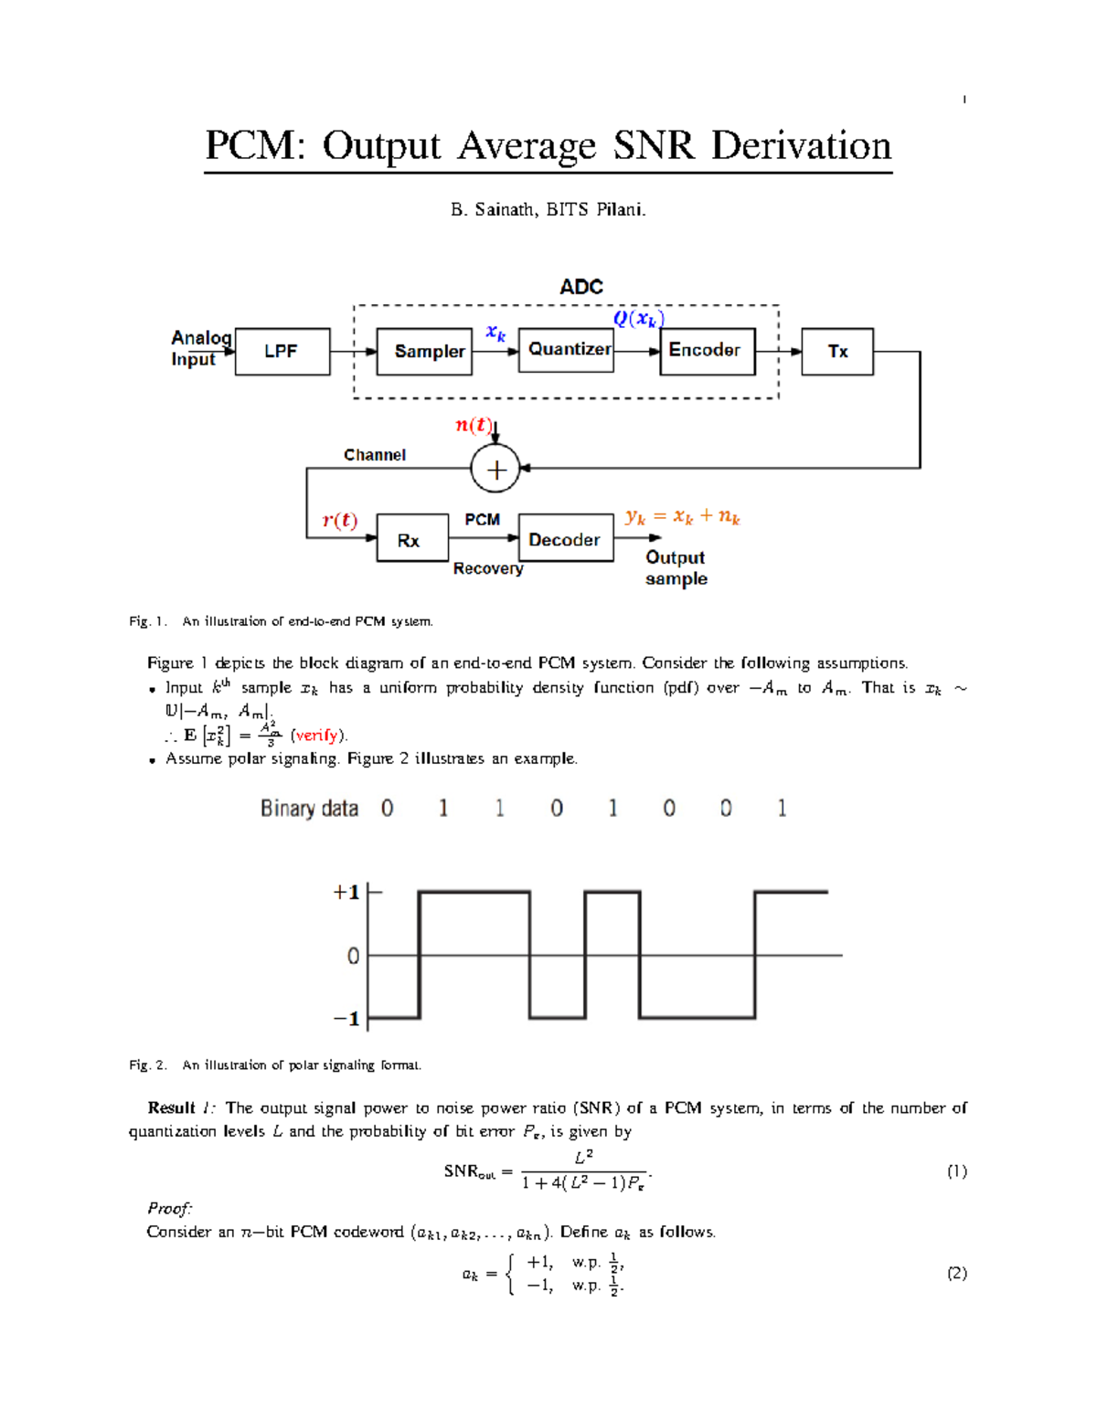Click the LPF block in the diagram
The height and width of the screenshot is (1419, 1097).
pyautogui.click(x=282, y=352)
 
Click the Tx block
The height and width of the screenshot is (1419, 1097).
pyautogui.click(x=837, y=352)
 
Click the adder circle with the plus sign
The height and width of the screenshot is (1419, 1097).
pyautogui.click(x=495, y=470)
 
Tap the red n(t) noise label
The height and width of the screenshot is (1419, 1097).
pyautogui.click(x=474, y=425)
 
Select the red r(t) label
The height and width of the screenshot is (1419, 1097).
pyautogui.click(x=339, y=520)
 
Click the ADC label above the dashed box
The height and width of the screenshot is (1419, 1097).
pyautogui.click(x=581, y=287)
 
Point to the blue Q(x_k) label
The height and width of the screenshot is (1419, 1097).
pyautogui.click(x=638, y=318)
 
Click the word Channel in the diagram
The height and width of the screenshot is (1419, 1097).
pyautogui.click(x=375, y=455)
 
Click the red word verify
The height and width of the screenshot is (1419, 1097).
pyautogui.click(x=316, y=736)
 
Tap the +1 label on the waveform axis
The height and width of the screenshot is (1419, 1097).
pyautogui.click(x=346, y=892)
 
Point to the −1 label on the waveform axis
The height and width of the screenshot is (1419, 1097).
pyautogui.click(x=346, y=1018)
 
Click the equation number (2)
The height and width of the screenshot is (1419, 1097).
pyautogui.click(x=956, y=1273)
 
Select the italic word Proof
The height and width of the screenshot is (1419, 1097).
pyautogui.click(x=170, y=1208)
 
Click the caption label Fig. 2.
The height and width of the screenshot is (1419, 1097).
pyautogui.click(x=147, y=1064)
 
